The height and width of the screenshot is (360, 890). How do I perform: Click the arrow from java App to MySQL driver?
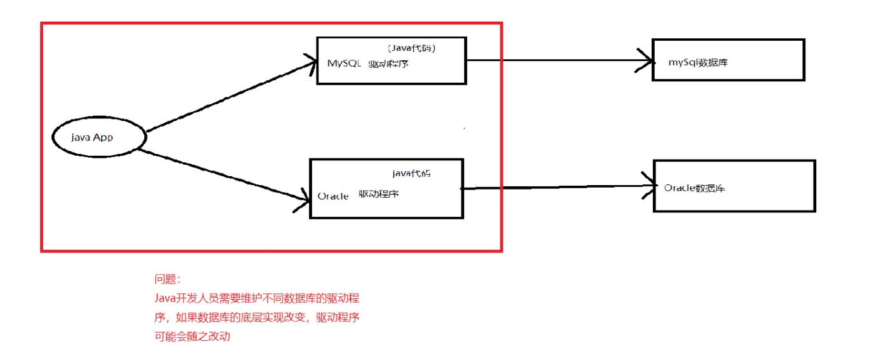pos(229,96)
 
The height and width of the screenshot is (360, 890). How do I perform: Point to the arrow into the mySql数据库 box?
pos(559,61)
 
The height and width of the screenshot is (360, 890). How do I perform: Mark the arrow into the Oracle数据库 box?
pos(559,188)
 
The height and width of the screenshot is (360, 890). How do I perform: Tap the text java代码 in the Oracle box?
pos(411,173)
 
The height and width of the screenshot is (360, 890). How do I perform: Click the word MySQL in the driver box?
pos(344,64)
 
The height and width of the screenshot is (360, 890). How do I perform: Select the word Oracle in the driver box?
pos(333,196)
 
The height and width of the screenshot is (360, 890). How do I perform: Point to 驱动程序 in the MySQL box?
pos(388,64)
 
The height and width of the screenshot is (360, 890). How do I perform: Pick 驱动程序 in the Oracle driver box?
pos(379,194)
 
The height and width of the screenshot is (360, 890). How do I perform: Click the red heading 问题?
pos(167,279)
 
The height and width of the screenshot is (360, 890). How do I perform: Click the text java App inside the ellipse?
pos(93,137)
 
